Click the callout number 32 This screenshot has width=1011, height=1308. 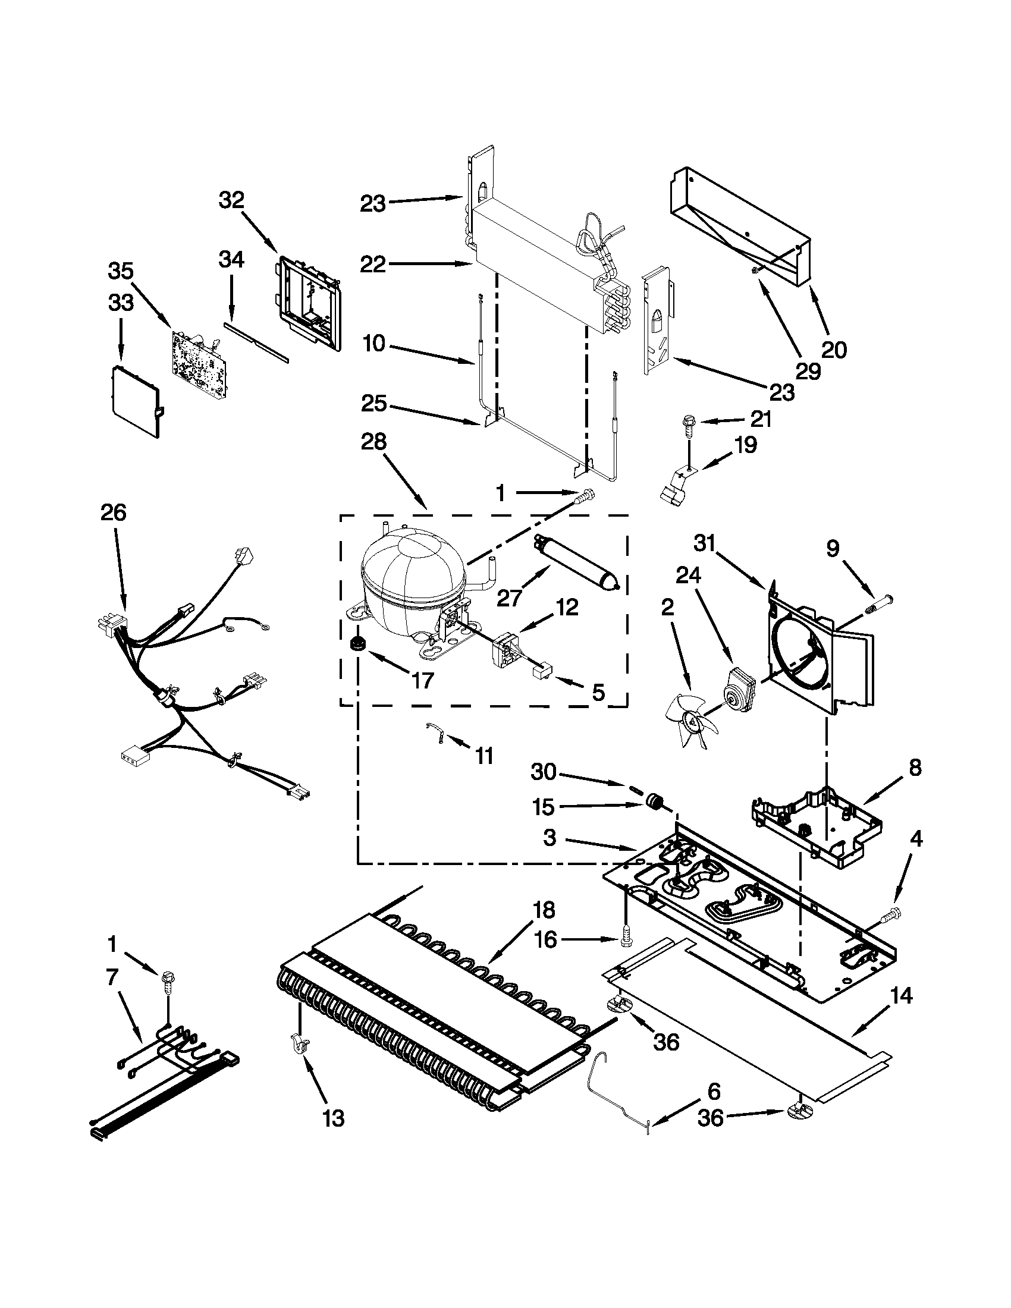(232, 200)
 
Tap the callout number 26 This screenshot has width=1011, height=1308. (114, 512)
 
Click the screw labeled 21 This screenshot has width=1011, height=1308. (687, 427)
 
